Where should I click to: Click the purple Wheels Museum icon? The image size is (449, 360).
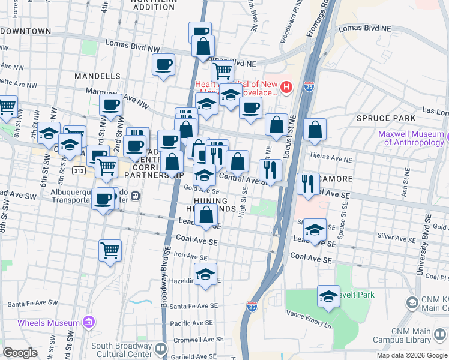(x=89, y=323)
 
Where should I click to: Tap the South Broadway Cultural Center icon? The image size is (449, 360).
(x=161, y=349)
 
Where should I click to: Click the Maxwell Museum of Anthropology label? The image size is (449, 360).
(x=414, y=139)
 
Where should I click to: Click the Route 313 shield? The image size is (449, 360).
(x=79, y=171)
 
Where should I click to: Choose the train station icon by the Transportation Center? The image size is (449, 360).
(x=136, y=195)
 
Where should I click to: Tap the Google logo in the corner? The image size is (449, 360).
(x=20, y=352)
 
